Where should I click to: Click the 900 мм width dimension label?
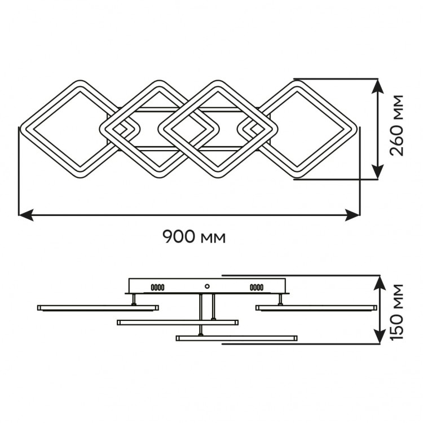pos(194,236)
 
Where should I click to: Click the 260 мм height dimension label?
pos(397,125)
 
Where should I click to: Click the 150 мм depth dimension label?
pos(397,312)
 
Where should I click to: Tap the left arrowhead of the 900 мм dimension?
pos(25,215)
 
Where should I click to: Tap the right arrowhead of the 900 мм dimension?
pos(352,215)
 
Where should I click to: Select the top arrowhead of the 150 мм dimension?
pos(380,283)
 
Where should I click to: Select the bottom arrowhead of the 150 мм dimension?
pos(380,337)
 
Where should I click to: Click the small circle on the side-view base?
pos(207,286)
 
